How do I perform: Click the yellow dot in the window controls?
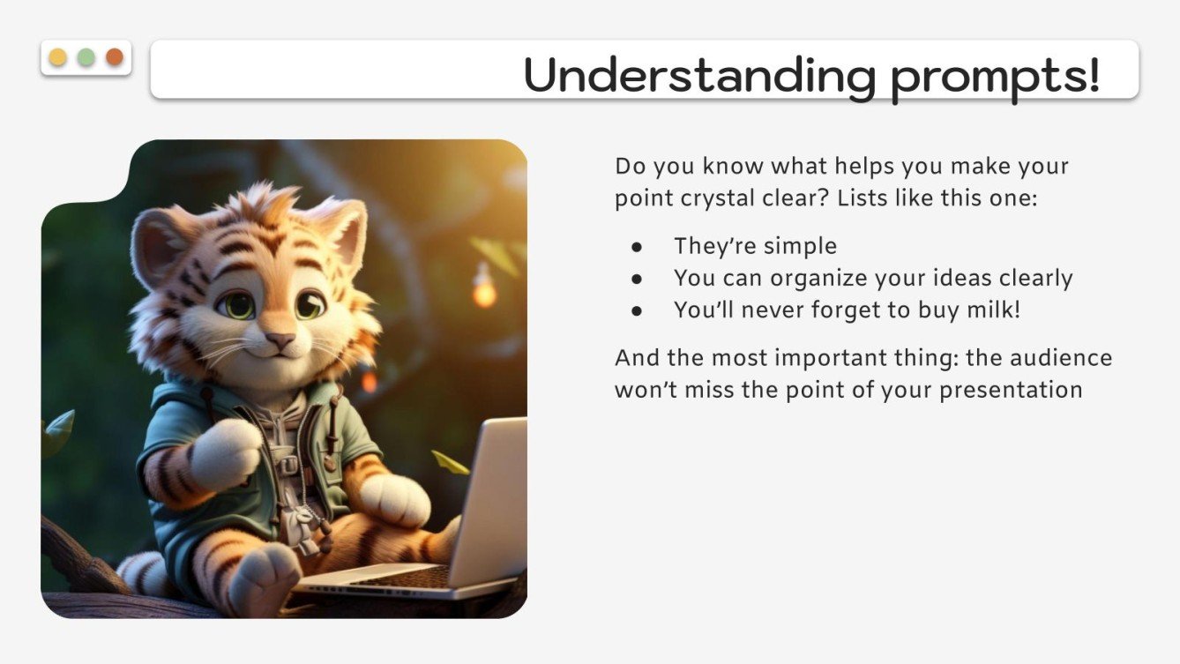tap(57, 57)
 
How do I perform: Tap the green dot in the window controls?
tap(86, 57)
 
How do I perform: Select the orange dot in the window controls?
tap(115, 57)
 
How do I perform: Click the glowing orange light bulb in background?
tap(483, 291)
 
